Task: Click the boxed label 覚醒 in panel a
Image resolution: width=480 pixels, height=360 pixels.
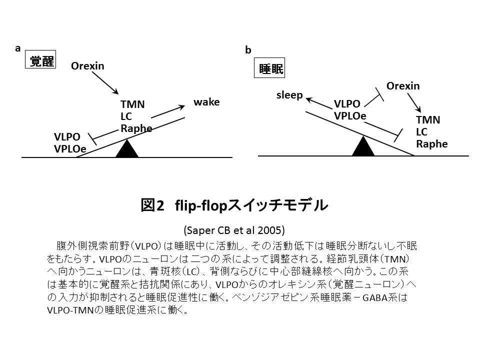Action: [x=41, y=61]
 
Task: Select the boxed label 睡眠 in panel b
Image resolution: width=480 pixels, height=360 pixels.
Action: [x=271, y=69]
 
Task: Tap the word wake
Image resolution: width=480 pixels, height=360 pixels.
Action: [x=206, y=102]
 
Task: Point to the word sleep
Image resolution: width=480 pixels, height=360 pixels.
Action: [x=289, y=95]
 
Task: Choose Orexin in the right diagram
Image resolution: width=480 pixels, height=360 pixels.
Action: [x=403, y=86]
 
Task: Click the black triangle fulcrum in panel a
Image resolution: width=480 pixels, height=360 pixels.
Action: [x=126, y=148]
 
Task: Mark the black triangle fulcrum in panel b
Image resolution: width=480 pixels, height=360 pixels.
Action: [x=363, y=146]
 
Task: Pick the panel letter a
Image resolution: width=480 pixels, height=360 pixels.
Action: [x=18, y=48]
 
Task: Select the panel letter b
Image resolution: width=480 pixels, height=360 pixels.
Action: [x=248, y=50]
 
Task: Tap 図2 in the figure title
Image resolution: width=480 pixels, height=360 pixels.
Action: [x=152, y=205]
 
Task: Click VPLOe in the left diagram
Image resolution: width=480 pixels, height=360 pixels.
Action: [x=70, y=148]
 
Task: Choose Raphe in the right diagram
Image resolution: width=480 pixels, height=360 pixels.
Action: [x=431, y=144]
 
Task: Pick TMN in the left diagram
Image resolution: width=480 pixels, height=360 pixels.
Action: [x=132, y=104]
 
